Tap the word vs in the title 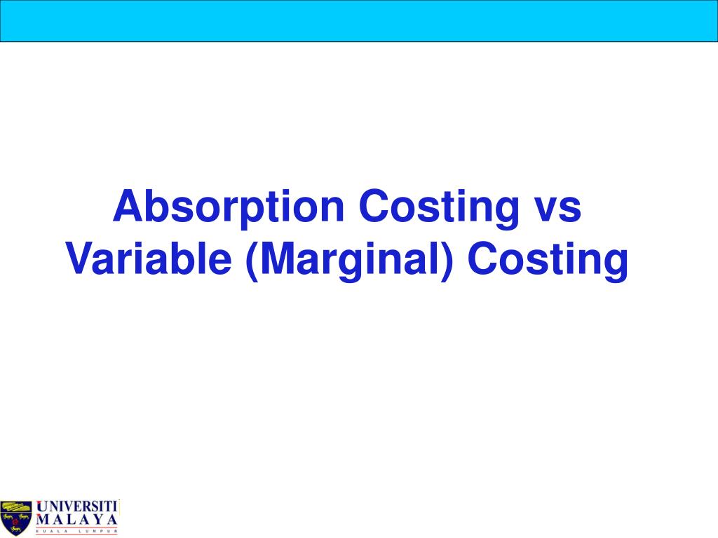[557, 209]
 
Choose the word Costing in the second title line [548, 261]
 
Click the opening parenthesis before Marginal [252, 261]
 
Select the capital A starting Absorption [128, 207]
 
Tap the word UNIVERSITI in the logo [77, 506]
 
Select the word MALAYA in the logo [76, 520]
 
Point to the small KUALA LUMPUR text [76, 532]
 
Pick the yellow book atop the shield [16, 506]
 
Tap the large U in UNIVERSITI [42, 506]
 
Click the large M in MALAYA [42, 520]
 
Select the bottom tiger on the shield [16, 528]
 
